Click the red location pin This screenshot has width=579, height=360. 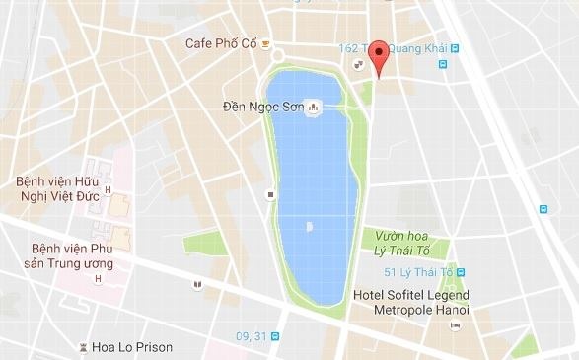pyautogui.click(x=380, y=57)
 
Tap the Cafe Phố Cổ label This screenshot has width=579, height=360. pyautogui.click(x=222, y=43)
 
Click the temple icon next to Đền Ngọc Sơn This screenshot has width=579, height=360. pyautogui.click(x=314, y=106)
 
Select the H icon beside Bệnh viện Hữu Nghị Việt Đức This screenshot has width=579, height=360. pyautogui.click(x=107, y=190)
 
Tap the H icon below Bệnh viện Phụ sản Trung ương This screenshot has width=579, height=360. pyautogui.click(x=97, y=279)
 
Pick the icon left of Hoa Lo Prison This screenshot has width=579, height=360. pyautogui.click(x=84, y=347)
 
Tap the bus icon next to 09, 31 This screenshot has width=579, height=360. pyautogui.click(x=275, y=337)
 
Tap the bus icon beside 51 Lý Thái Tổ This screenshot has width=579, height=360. pyautogui.click(x=462, y=271)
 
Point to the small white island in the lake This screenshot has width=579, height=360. pyautogui.click(x=309, y=227)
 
